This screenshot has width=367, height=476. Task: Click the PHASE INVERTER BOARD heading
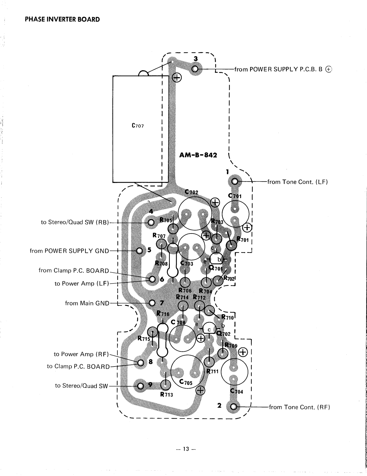point(62,20)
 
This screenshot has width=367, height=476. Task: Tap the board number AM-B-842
point(198,155)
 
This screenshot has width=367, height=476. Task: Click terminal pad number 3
point(195,69)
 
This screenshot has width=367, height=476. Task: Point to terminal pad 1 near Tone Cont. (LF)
point(235,181)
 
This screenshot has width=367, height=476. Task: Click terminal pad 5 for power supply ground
point(139,250)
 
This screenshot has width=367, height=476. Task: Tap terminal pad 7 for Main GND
point(152,303)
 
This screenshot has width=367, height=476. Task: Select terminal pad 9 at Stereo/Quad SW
point(140,386)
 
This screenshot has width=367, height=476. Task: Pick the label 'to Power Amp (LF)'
point(82,284)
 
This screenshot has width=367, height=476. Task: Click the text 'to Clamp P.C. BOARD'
point(78,366)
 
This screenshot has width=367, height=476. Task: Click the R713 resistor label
point(166,395)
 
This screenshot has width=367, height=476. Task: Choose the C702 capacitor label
point(191,192)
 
